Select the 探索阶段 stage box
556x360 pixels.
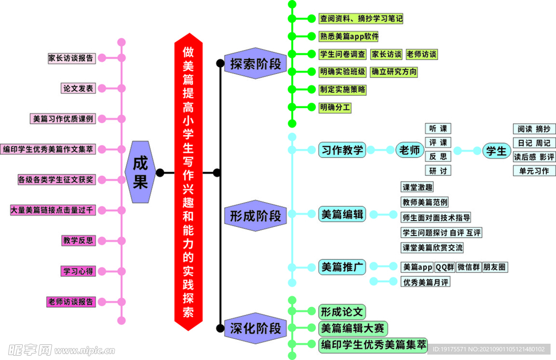pyautogui.click(x=255, y=64)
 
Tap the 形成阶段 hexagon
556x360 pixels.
pyautogui.click(x=252, y=216)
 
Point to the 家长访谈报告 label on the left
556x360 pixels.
pyautogui.click(x=71, y=58)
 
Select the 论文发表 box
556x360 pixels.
pyautogui.click(x=78, y=88)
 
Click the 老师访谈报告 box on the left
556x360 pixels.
pyautogui.click(x=71, y=301)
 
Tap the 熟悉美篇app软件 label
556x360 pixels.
pyautogui.click(x=349, y=36)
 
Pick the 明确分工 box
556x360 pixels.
pyautogui.click(x=335, y=108)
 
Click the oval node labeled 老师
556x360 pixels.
pyautogui.click(x=410, y=150)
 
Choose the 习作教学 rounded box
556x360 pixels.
pyautogui.click(x=342, y=150)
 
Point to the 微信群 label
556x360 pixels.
pyautogui.click(x=468, y=267)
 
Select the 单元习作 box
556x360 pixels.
pyautogui.click(x=534, y=170)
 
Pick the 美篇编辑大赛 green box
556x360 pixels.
pyautogui.click(x=352, y=328)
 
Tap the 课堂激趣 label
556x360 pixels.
pyautogui.click(x=417, y=187)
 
